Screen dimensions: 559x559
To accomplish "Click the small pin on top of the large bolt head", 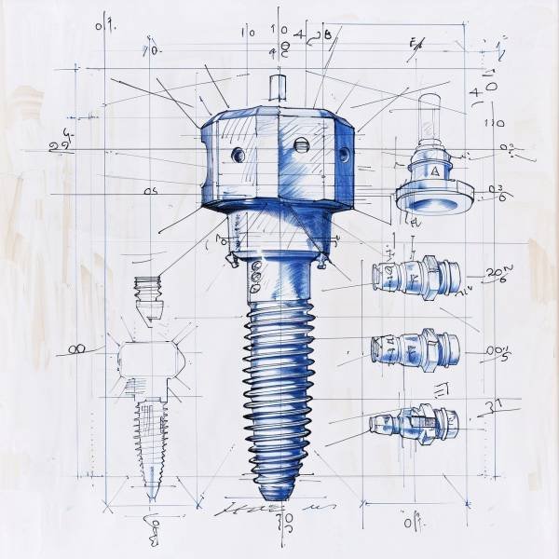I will pyautogui.click(x=276, y=87).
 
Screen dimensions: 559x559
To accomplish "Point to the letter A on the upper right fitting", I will pyautogui.click(x=433, y=171).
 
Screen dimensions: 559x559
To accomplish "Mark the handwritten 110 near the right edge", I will pyautogui.click(x=495, y=122).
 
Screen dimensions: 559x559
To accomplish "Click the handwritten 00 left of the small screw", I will pyautogui.click(x=77, y=350).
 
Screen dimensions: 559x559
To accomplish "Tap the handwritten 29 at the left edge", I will pyautogui.click(x=59, y=145).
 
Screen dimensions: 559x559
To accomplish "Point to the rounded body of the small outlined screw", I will pyautogui.click(x=146, y=359).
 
